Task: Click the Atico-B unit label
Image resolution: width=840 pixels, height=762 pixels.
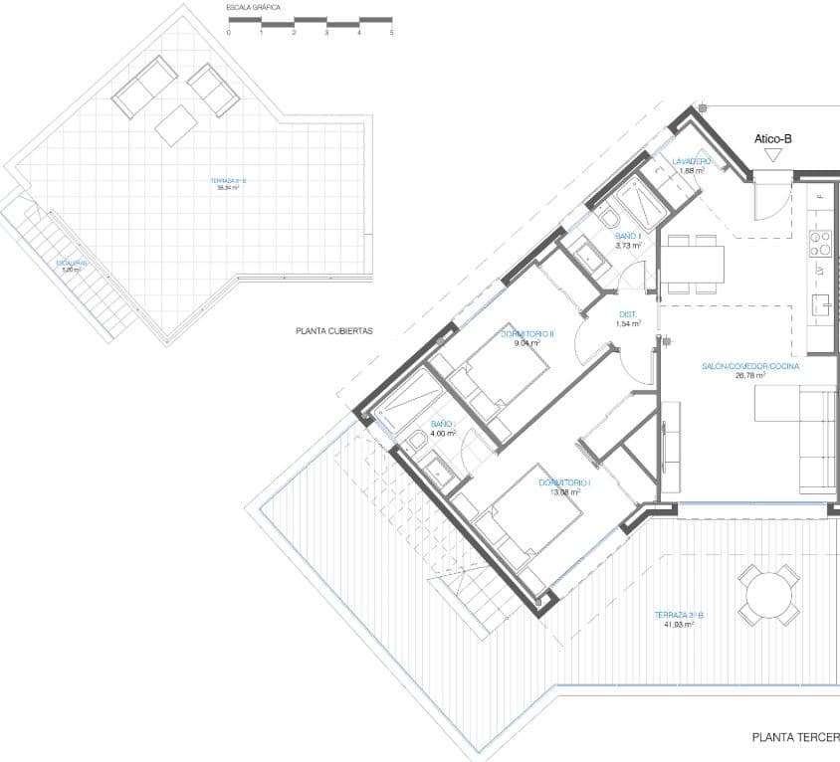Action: tap(772, 140)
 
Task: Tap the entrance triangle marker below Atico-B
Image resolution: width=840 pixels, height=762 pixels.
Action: tap(772, 156)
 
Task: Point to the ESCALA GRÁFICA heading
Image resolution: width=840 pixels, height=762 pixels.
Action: tap(254, 8)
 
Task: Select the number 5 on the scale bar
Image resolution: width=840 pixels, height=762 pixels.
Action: tap(391, 33)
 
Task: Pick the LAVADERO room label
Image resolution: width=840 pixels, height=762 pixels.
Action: tap(691, 161)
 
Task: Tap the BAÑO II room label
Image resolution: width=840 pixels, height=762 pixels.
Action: tap(627, 236)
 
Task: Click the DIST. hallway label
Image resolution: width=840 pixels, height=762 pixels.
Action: tap(627, 315)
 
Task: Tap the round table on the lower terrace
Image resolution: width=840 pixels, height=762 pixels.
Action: tap(769, 596)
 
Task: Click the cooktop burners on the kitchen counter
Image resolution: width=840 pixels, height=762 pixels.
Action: tap(820, 241)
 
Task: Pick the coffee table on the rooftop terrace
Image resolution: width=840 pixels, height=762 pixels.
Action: tap(176, 125)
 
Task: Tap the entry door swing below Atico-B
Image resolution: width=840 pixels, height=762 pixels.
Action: tap(767, 197)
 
